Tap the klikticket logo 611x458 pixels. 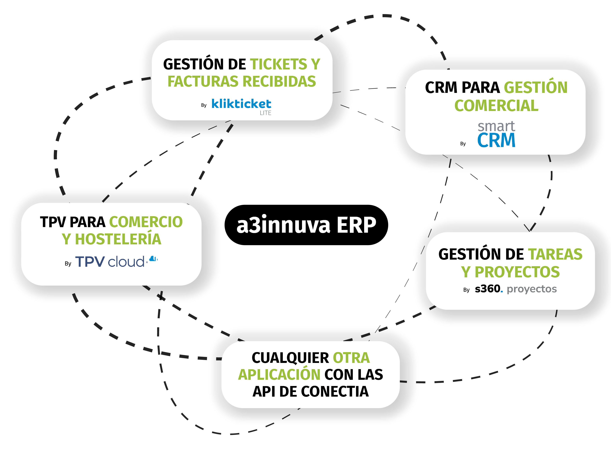(241, 104)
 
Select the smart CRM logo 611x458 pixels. (496, 134)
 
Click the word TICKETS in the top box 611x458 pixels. (278, 64)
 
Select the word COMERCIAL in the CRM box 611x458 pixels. (496, 106)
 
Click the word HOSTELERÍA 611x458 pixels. (118, 239)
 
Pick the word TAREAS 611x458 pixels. (555, 254)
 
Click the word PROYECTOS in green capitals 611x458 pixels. (517, 272)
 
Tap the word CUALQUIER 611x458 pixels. (290, 358)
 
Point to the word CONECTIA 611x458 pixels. (334, 391)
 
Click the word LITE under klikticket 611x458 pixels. (265, 113)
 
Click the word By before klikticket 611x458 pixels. (204, 105)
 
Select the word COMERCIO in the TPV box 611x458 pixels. (146, 222)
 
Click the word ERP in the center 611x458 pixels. (356, 225)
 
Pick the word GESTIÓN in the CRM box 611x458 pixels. (536, 88)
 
